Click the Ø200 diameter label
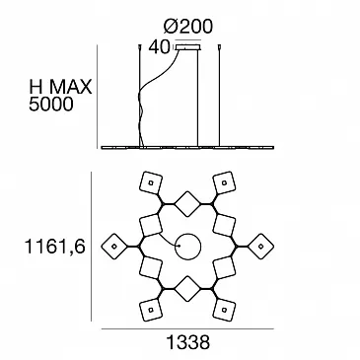[x=188, y=26]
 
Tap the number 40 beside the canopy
[x=159, y=47]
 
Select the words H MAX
[x=60, y=87]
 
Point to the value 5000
[x=51, y=105]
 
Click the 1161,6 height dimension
[x=55, y=247]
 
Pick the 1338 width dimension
[x=188, y=342]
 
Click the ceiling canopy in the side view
[x=188, y=47]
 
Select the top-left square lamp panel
[x=151, y=182]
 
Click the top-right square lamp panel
[x=225, y=182]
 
